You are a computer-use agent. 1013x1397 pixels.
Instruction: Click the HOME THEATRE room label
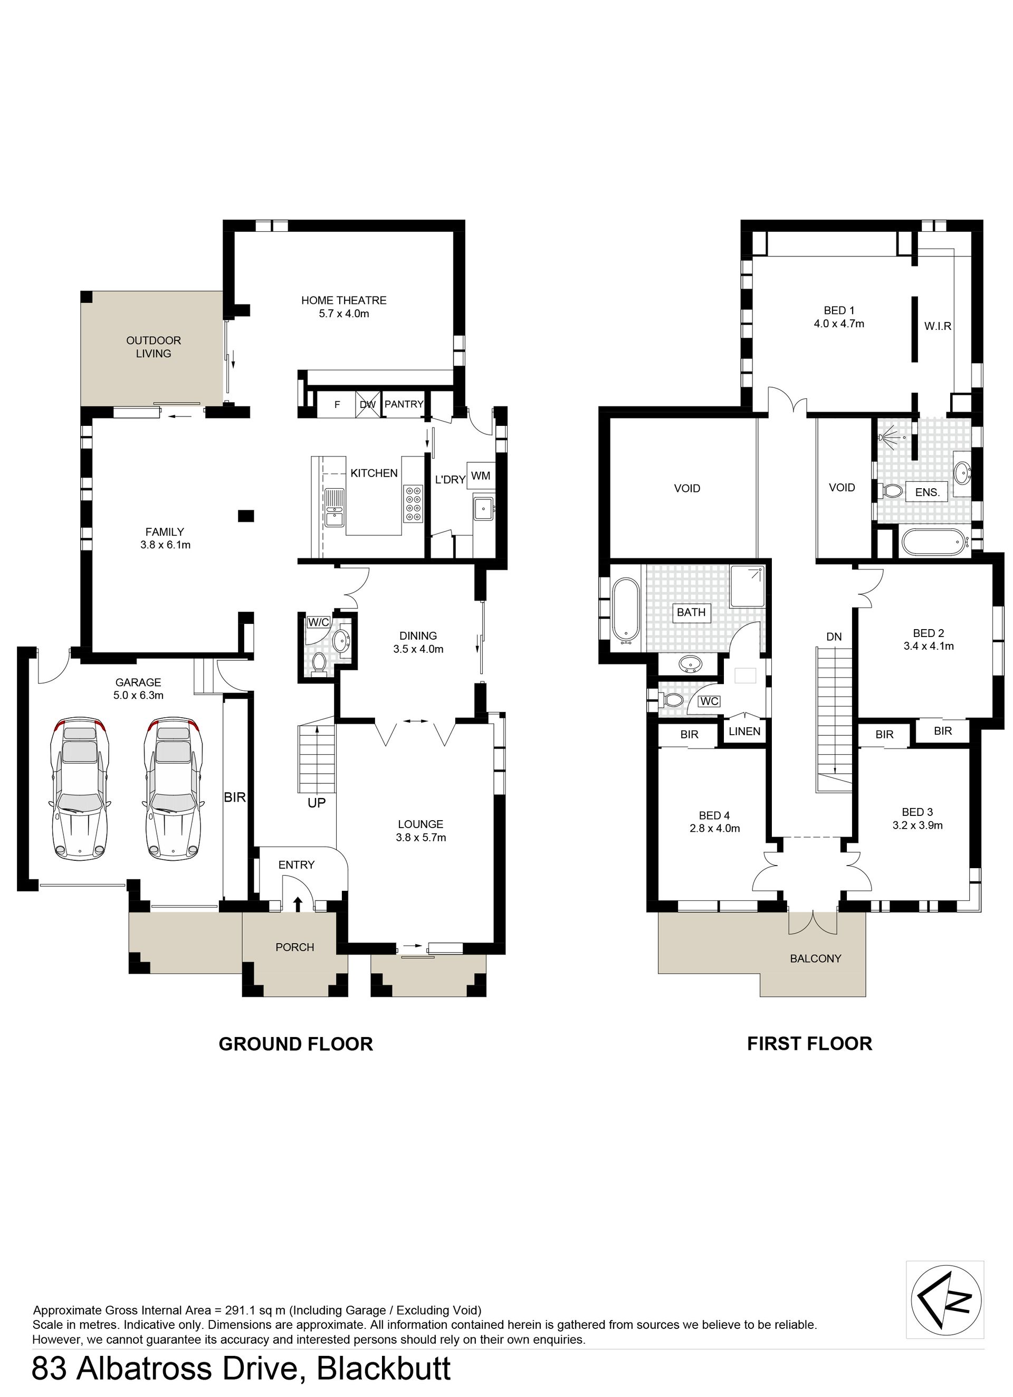click(x=343, y=301)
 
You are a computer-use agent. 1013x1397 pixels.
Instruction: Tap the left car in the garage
click(x=79, y=789)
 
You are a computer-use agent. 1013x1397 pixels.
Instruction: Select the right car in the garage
click(x=173, y=789)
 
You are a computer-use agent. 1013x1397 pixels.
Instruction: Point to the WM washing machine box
click(x=481, y=476)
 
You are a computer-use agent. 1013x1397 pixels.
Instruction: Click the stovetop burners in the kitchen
click(x=413, y=505)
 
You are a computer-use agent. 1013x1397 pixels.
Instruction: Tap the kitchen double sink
click(x=335, y=508)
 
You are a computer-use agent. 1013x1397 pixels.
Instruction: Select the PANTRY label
click(x=404, y=404)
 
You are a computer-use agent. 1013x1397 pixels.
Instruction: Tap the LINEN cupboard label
click(x=744, y=732)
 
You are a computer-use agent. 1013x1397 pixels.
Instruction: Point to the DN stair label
click(x=834, y=637)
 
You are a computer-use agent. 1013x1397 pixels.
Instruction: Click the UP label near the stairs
click(x=317, y=803)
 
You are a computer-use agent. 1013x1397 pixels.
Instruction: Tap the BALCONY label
click(x=815, y=958)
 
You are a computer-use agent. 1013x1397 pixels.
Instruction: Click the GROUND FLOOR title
click(x=295, y=1044)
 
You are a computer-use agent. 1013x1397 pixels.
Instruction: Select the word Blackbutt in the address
click(x=384, y=1369)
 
